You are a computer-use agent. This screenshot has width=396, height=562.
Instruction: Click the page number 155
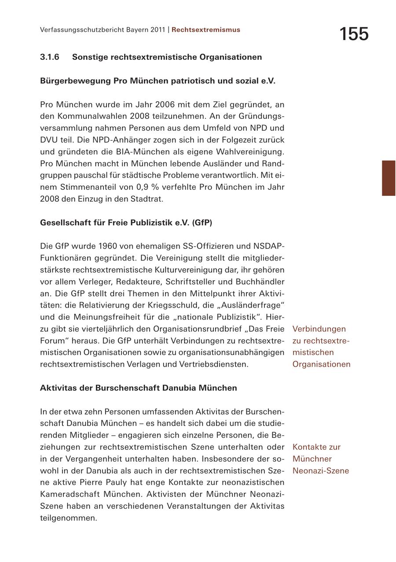(x=354, y=34)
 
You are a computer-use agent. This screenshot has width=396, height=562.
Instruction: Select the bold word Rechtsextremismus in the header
(x=206, y=30)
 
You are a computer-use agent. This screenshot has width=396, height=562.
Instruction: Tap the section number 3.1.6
(x=50, y=57)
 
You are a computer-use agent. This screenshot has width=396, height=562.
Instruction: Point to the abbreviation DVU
(x=49, y=140)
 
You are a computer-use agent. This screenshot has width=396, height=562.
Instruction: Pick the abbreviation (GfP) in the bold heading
(x=202, y=223)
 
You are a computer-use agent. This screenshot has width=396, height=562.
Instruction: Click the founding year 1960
(x=108, y=246)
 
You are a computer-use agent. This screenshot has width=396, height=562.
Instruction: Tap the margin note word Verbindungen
(x=319, y=329)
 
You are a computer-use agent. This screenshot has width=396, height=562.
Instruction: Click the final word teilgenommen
(x=68, y=518)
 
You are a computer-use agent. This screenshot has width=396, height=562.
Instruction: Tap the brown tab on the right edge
(x=389, y=178)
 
